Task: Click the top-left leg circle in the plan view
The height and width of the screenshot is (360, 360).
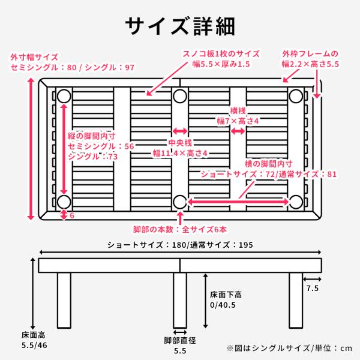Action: [64, 96]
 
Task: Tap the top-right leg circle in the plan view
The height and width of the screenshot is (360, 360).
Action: [295, 96]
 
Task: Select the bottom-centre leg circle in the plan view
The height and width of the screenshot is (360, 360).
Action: [180, 201]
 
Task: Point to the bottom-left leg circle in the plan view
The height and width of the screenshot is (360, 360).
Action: [64, 201]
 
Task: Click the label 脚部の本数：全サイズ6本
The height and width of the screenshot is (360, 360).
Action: [180, 229]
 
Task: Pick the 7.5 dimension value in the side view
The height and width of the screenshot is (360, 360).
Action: [312, 289]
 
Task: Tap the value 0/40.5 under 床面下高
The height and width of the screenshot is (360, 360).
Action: [223, 304]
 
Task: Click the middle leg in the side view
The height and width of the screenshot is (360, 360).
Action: [180, 300]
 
